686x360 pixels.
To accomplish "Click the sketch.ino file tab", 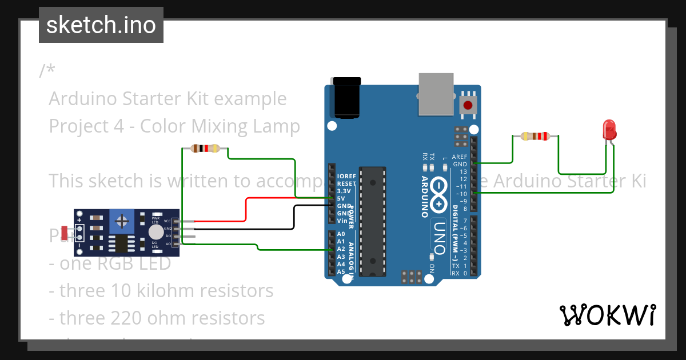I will coord(101,25).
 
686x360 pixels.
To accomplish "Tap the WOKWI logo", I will coord(607,314).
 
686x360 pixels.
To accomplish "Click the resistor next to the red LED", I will coord(536,136).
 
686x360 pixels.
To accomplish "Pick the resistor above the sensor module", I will coord(205,149).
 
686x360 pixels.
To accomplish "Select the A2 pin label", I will coord(341,249).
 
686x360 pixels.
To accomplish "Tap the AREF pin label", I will coord(460,157).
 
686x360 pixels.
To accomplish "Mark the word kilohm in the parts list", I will coord(164,290).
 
